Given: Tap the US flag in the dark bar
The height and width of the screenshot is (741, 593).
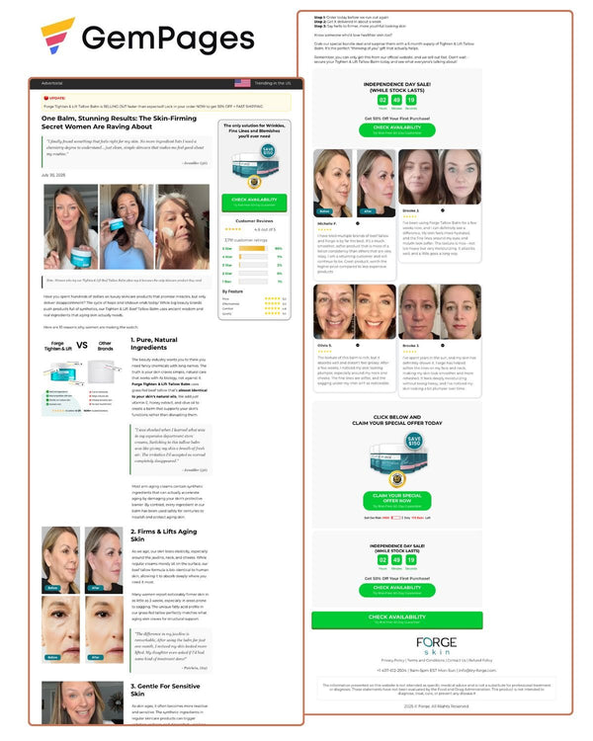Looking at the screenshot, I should point(242,84).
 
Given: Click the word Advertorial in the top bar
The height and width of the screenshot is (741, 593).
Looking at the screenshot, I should point(52,84).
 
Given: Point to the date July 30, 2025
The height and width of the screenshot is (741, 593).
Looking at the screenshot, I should point(52,174).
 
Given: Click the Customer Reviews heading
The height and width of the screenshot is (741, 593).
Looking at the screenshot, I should point(255,220).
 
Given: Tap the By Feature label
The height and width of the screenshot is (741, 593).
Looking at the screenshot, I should point(234,291).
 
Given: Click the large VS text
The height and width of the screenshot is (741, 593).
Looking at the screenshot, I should point(82,346).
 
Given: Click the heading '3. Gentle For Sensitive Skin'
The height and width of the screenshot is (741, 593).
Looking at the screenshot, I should point(162,692).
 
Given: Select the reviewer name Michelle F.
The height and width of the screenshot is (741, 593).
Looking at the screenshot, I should point(328,224).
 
